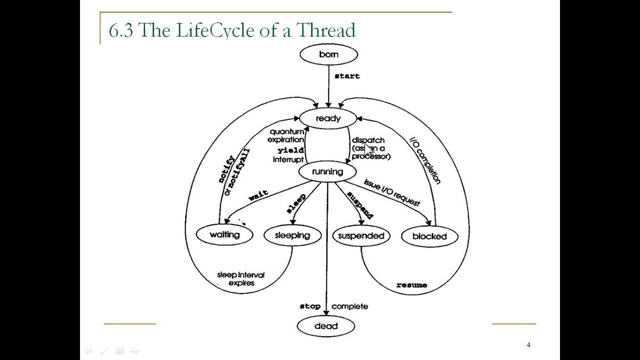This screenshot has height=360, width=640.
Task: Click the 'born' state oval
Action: click(328, 54)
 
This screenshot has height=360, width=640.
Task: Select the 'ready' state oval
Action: click(328, 118)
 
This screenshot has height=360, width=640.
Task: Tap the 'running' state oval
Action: click(327, 172)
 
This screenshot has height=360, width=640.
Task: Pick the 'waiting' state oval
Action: click(224, 234)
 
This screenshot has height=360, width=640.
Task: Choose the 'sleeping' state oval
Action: click(292, 235)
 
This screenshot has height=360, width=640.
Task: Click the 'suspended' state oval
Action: click(361, 236)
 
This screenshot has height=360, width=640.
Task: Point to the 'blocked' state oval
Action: click(429, 236)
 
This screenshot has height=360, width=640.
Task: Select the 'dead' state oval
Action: click(326, 326)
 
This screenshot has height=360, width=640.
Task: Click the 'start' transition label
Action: click(347, 76)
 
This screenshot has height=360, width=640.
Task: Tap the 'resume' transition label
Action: click(411, 285)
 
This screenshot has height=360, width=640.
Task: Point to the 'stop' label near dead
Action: click(310, 306)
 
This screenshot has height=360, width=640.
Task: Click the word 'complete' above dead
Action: click(349, 306)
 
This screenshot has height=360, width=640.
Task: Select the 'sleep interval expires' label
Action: click(241, 279)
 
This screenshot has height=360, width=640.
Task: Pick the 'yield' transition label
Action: click(290, 150)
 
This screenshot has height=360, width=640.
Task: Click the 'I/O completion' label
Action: click(425, 161)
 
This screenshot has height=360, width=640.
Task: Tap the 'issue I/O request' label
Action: click(391, 192)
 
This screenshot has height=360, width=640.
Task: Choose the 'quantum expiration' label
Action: click(286, 136)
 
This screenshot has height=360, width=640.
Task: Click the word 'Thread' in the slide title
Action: click(325, 30)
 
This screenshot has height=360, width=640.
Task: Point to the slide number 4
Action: click(528, 345)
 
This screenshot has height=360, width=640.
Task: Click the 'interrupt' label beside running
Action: click(288, 159)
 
